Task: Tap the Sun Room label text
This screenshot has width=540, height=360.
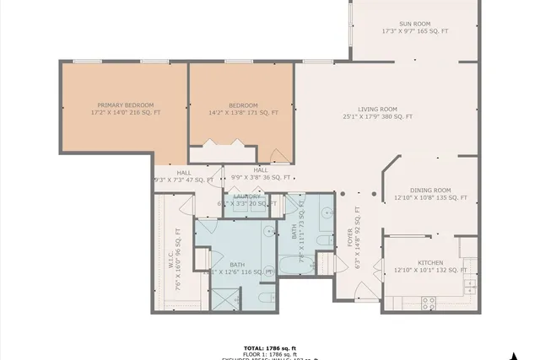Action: coord(414,27)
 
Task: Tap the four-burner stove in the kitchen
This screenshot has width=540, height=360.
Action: coord(428,299)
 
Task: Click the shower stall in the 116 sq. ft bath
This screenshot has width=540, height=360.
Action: coord(224,299)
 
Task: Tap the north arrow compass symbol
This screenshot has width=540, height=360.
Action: coord(512,354)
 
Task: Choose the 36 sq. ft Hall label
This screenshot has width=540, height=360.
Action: coord(261,174)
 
